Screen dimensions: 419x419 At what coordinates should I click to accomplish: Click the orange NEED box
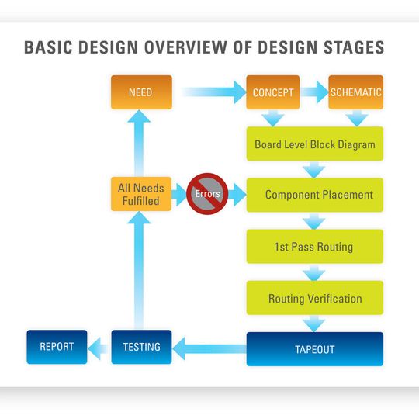[140, 92]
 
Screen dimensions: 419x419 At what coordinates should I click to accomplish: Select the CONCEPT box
[273, 92]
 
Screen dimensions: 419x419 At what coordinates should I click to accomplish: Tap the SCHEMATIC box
[356, 92]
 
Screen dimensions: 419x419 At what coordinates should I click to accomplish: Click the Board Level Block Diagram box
[315, 144]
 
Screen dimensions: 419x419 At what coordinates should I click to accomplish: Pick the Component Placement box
[315, 195]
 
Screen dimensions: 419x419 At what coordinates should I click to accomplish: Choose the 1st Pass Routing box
[315, 247]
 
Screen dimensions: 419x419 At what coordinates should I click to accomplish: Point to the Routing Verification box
[315, 298]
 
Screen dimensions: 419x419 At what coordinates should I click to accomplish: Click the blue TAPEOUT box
[315, 349]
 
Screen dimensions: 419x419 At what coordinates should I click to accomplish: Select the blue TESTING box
[140, 346]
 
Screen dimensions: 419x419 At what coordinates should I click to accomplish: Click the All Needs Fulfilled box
[139, 195]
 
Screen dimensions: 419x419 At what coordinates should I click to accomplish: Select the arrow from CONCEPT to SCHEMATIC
[313, 92]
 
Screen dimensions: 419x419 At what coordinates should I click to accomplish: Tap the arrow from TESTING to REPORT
[98, 347]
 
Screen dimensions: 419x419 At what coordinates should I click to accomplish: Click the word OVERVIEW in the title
[189, 47]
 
